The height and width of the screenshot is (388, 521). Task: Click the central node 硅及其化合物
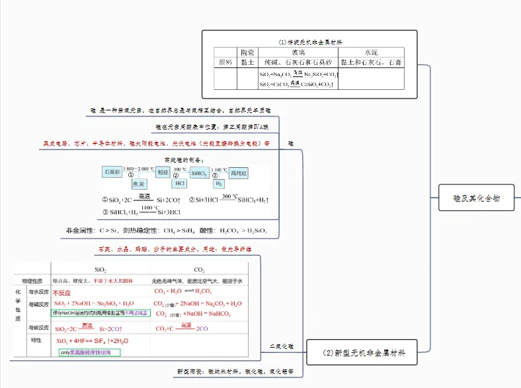click(x=476, y=198)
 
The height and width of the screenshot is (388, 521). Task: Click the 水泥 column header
click(x=371, y=52)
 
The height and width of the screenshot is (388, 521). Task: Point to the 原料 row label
click(x=225, y=62)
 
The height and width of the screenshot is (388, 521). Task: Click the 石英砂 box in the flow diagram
click(x=112, y=172)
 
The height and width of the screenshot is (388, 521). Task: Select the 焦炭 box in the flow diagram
click(x=139, y=184)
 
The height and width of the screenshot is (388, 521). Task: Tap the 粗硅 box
click(x=163, y=172)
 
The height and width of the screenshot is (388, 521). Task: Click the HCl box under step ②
click(x=180, y=184)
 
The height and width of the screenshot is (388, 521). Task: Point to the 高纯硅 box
click(x=239, y=173)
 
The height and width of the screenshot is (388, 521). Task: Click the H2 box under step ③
click(x=219, y=184)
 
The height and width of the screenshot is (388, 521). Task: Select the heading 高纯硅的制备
click(x=184, y=159)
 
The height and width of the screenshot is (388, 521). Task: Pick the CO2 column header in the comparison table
click(x=199, y=270)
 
